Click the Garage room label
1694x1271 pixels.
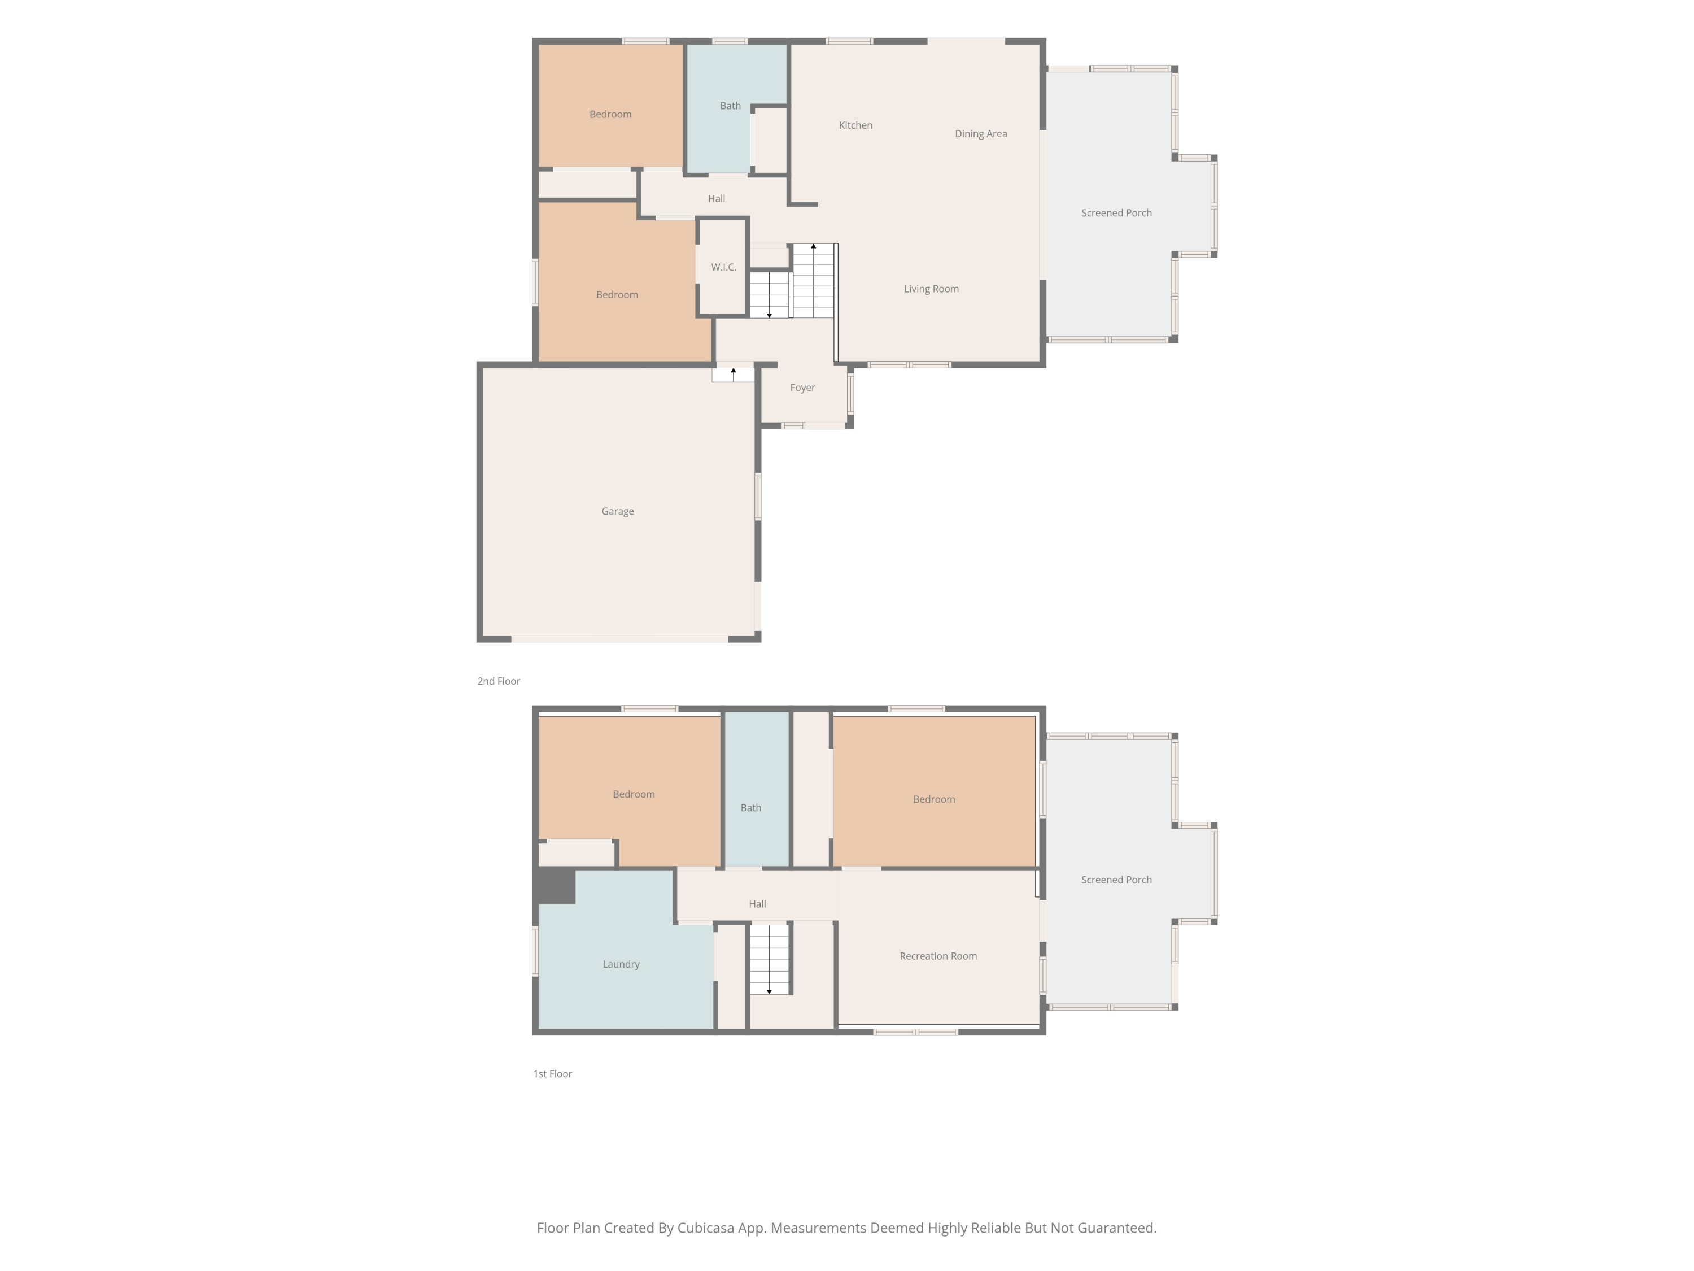(x=617, y=511)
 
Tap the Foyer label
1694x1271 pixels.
(x=802, y=388)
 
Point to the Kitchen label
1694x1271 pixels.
(x=855, y=125)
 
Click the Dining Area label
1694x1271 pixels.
(x=981, y=134)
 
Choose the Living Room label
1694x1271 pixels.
(x=931, y=289)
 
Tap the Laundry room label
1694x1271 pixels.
(x=621, y=964)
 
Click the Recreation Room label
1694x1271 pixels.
(x=938, y=956)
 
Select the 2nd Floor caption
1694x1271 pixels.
(x=499, y=681)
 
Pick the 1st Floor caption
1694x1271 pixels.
(x=553, y=1074)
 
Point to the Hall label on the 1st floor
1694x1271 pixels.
(x=757, y=904)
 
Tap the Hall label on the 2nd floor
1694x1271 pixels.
(x=717, y=198)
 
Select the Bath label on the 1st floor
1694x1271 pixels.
(x=751, y=807)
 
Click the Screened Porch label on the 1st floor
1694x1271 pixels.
(x=1116, y=880)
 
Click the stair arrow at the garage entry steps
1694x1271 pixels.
(x=734, y=375)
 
